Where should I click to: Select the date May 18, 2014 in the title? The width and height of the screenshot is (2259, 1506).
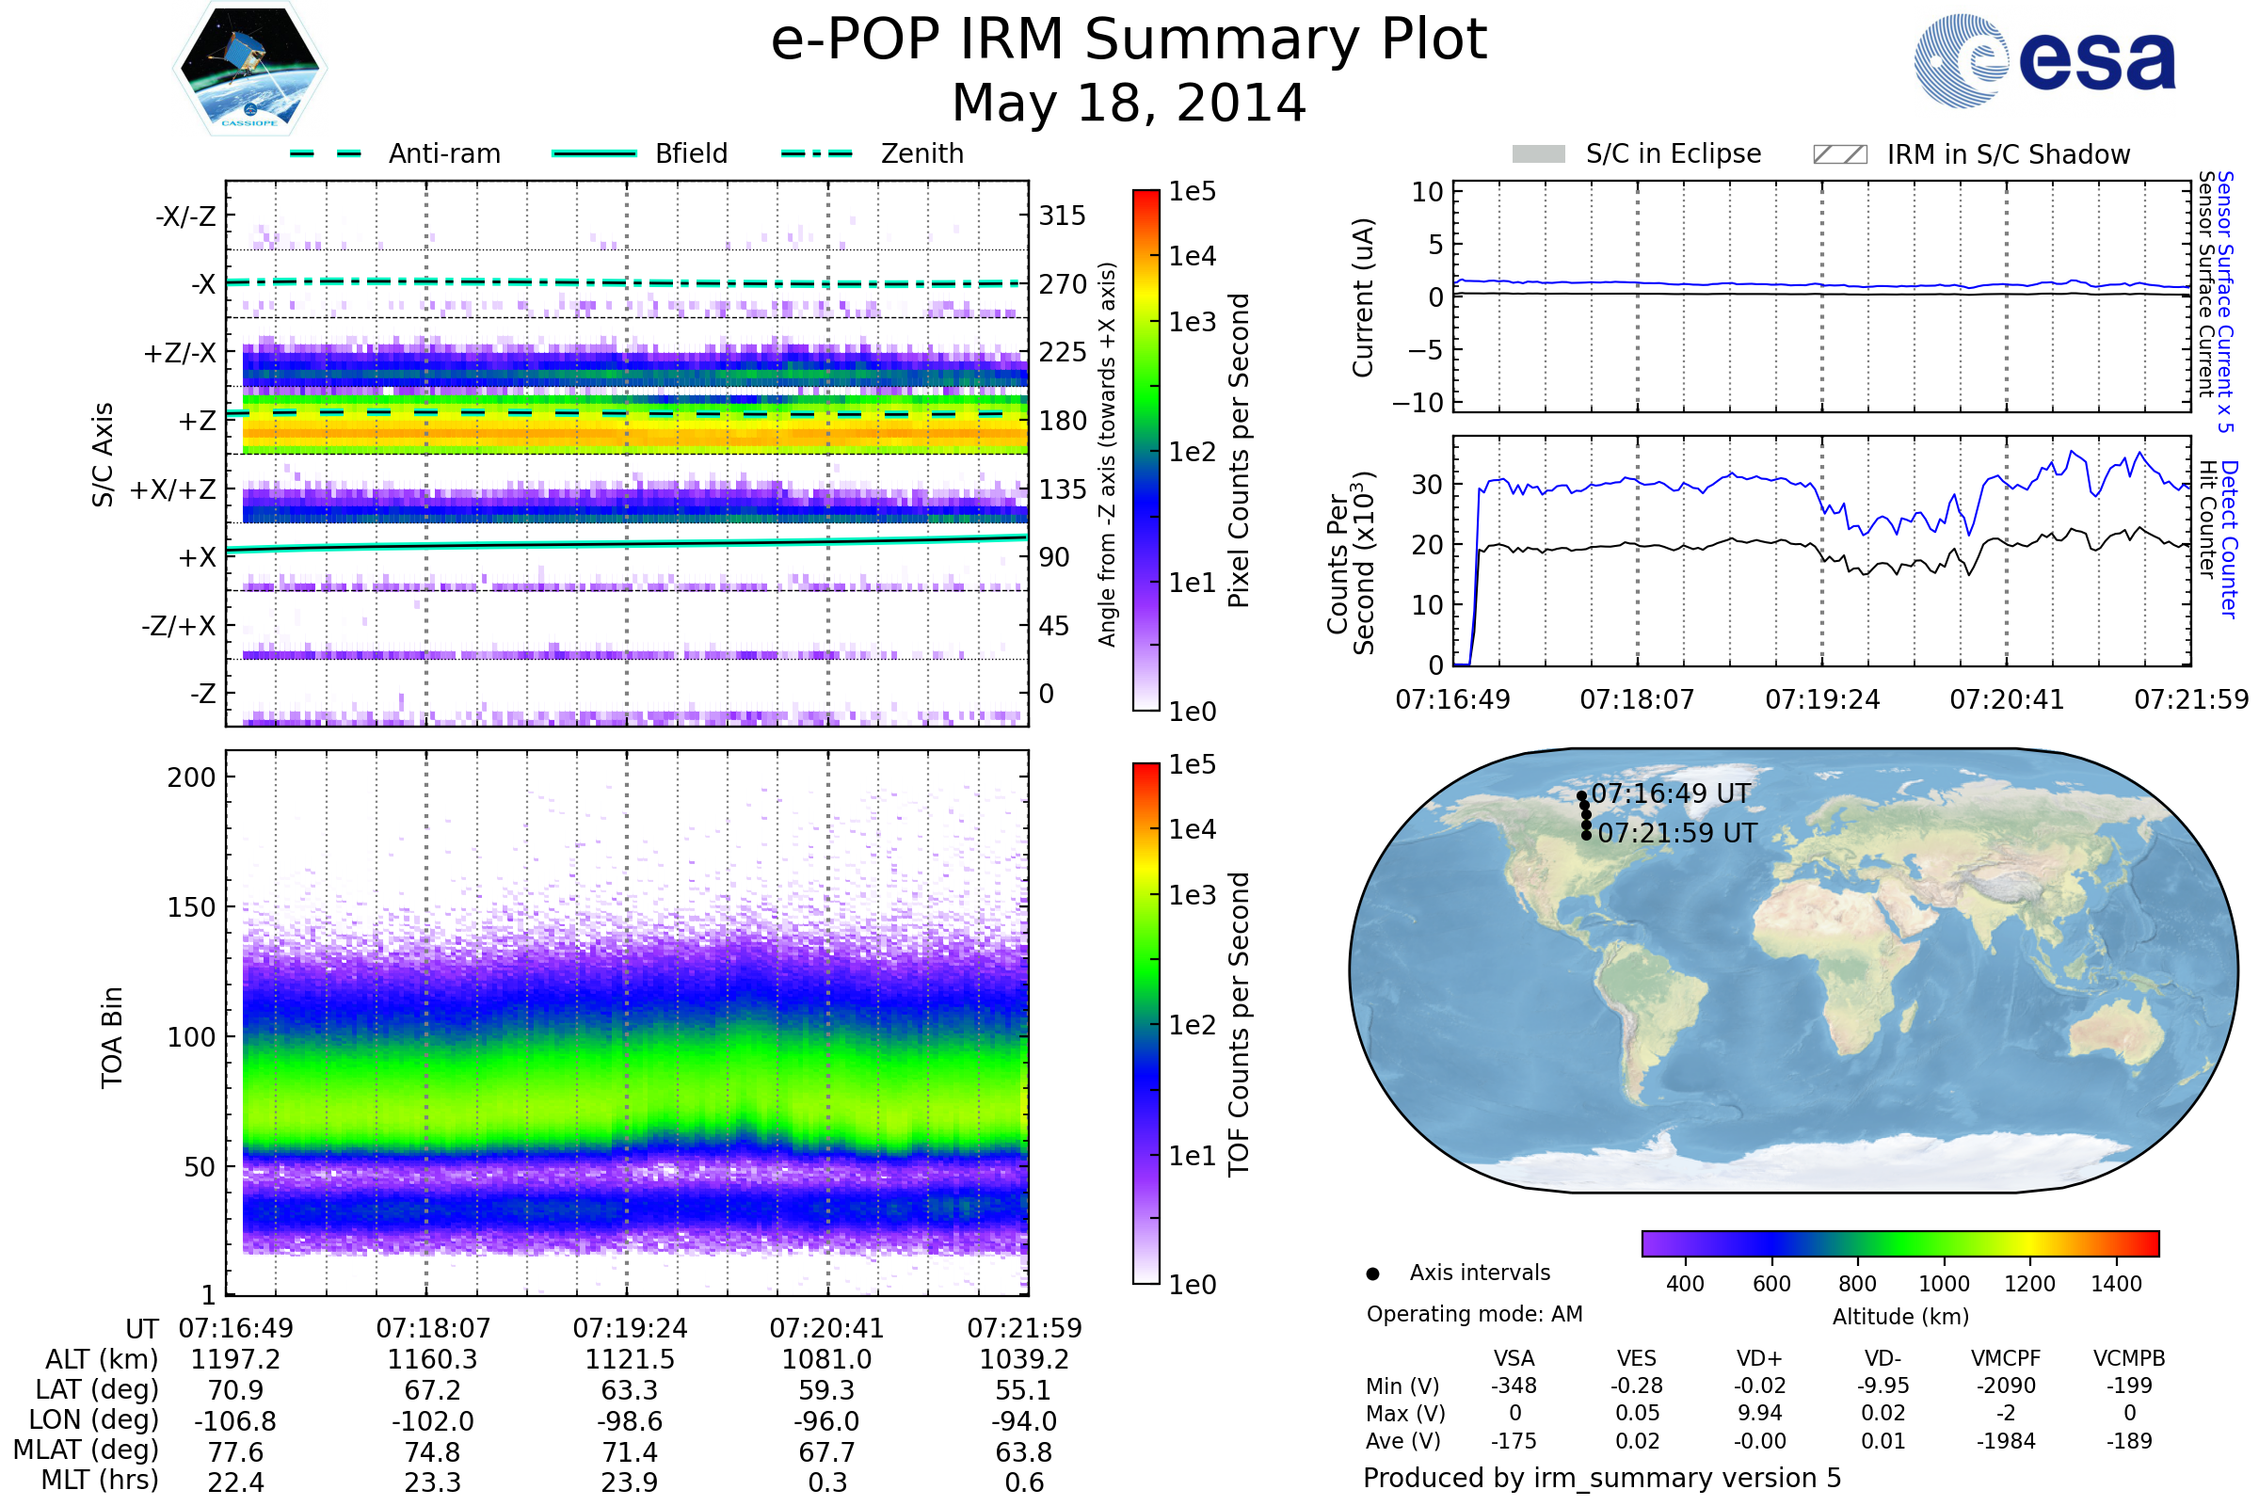click(1129, 103)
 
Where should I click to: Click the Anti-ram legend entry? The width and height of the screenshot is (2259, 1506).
click(443, 153)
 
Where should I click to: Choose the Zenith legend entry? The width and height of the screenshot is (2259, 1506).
click(921, 153)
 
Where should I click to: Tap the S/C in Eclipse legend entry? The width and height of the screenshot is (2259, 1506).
click(1673, 153)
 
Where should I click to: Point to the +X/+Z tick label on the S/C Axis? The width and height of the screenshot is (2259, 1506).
click(173, 489)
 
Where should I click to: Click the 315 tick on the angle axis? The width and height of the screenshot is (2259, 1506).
click(1062, 216)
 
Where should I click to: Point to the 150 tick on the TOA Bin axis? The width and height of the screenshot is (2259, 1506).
click(191, 907)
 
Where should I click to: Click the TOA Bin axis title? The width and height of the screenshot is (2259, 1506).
click(111, 1037)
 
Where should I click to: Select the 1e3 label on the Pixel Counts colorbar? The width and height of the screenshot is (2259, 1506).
click(1192, 323)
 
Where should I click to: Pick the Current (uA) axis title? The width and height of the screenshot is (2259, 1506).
click(1363, 297)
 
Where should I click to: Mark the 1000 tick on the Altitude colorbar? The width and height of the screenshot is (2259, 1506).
click(1943, 1284)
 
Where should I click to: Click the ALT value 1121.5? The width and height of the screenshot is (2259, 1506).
click(630, 1360)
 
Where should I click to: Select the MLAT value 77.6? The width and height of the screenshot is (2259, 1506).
click(235, 1452)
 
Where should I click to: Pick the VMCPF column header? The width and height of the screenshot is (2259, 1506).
click(2006, 1358)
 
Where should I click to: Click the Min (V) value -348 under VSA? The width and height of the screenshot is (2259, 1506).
click(1514, 1386)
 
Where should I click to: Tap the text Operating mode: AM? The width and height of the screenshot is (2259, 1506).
click(1473, 1314)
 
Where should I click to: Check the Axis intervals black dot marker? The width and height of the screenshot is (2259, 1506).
click(1372, 1274)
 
